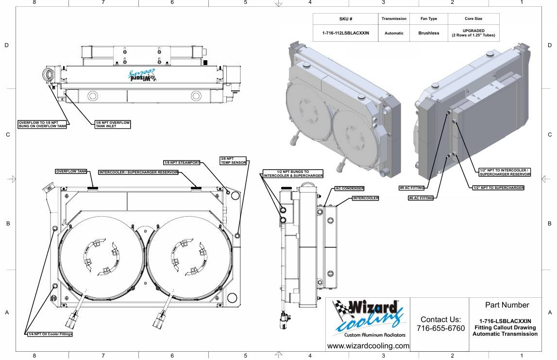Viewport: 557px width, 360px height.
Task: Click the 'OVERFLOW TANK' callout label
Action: coord(71,171)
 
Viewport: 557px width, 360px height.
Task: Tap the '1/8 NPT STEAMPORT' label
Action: coord(182,162)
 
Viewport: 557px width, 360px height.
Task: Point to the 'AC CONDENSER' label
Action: coord(350,188)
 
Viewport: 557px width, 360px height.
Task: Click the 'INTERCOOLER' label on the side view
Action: coord(366,198)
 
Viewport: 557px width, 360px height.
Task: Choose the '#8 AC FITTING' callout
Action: coord(412,188)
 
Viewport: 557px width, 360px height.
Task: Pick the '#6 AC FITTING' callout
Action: coord(421,198)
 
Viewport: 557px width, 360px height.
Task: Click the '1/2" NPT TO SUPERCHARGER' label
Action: coord(498,188)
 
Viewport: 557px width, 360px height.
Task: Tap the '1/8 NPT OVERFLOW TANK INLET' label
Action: coord(112,124)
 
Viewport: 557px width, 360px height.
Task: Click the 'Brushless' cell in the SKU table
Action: coord(429,33)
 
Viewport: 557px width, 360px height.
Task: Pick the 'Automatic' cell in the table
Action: coord(394,33)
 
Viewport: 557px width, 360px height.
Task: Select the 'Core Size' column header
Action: coord(473,19)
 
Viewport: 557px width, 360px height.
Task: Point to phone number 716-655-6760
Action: coord(440,328)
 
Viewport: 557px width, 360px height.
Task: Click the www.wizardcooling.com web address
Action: coord(368,346)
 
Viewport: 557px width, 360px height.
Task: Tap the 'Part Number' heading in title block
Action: coord(507,305)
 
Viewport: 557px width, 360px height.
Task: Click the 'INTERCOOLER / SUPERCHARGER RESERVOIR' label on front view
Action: coord(138,172)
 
